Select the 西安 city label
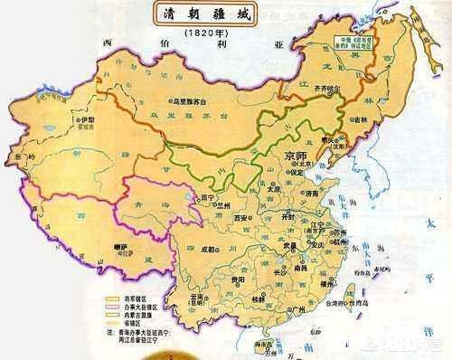(237, 218)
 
